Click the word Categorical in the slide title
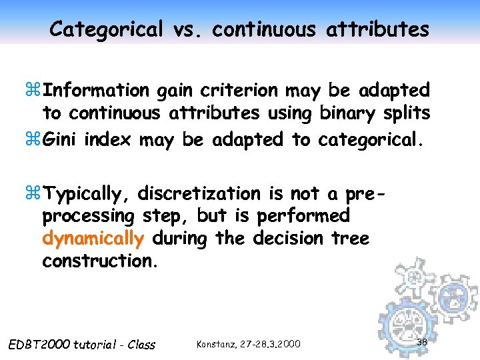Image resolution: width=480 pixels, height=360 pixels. (x=106, y=29)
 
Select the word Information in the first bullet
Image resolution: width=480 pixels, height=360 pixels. (x=101, y=89)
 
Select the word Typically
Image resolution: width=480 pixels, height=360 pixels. (x=91, y=194)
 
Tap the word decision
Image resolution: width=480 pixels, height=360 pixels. (x=293, y=238)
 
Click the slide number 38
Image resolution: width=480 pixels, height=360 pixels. (x=421, y=342)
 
